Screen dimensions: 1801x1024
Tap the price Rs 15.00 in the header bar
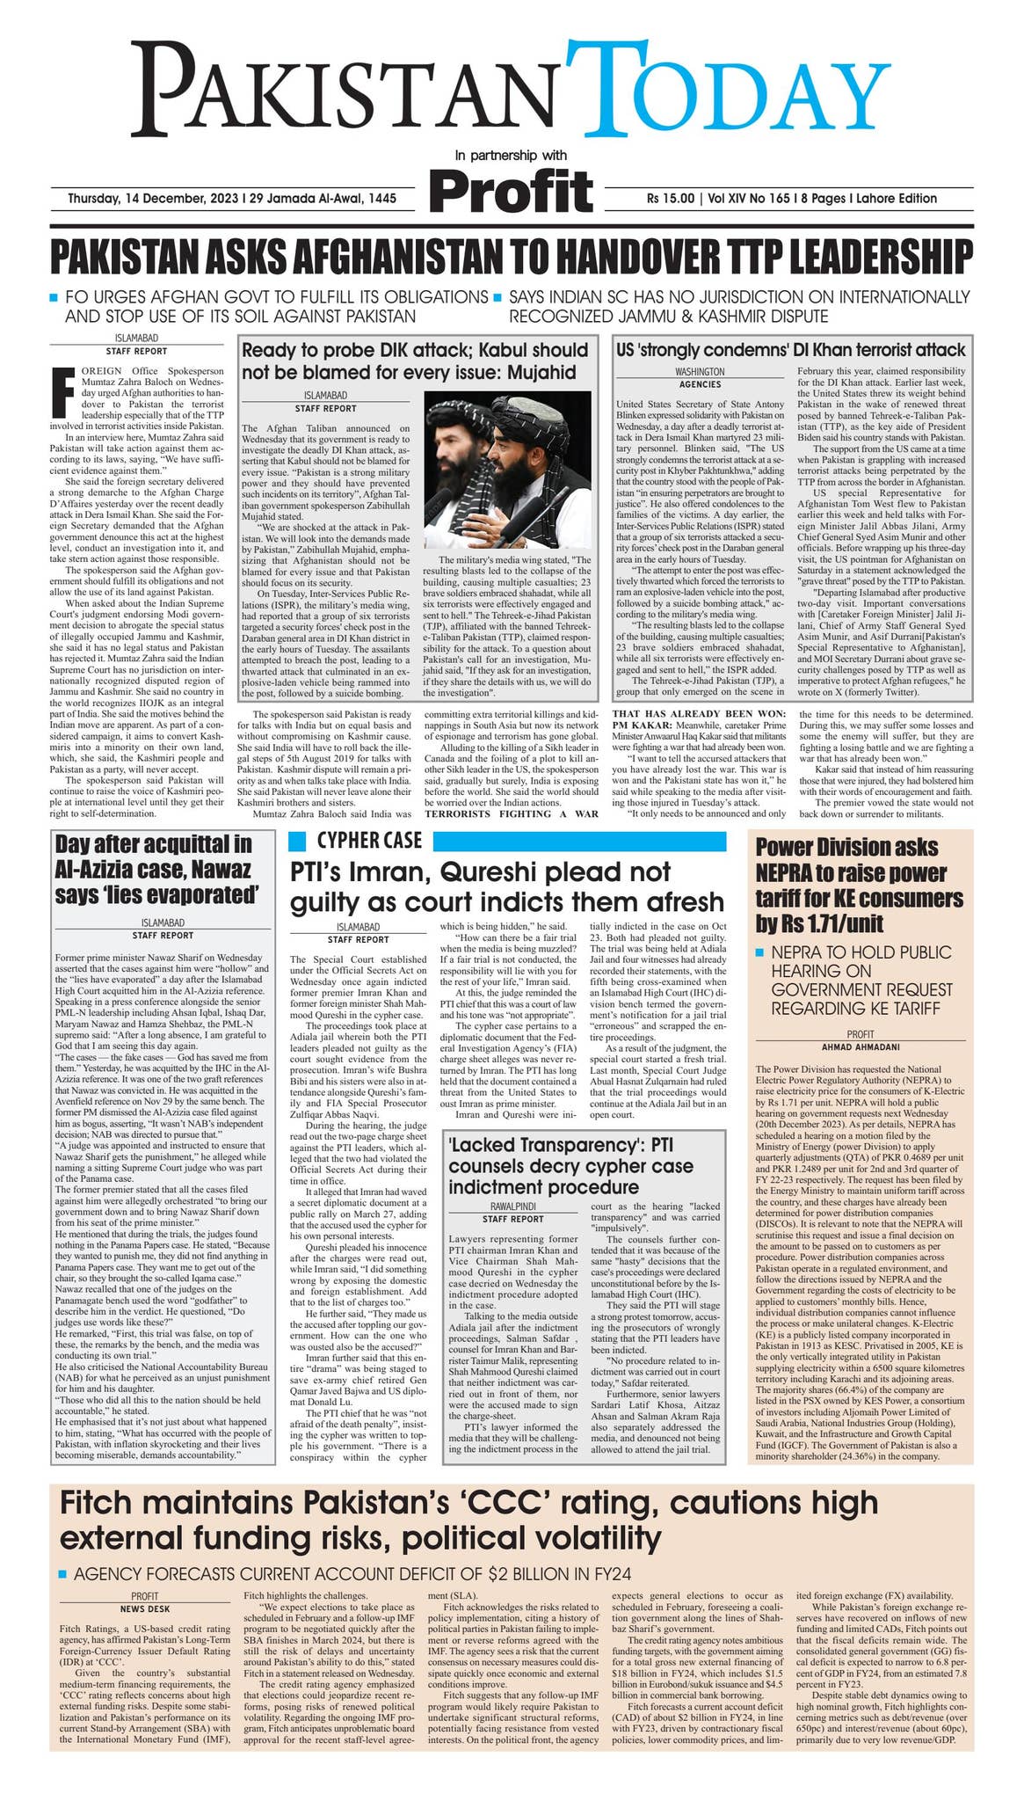(670, 199)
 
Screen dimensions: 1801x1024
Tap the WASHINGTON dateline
(700, 372)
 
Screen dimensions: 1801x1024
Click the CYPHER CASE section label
(369, 840)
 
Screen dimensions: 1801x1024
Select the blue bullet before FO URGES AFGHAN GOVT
(54, 296)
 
